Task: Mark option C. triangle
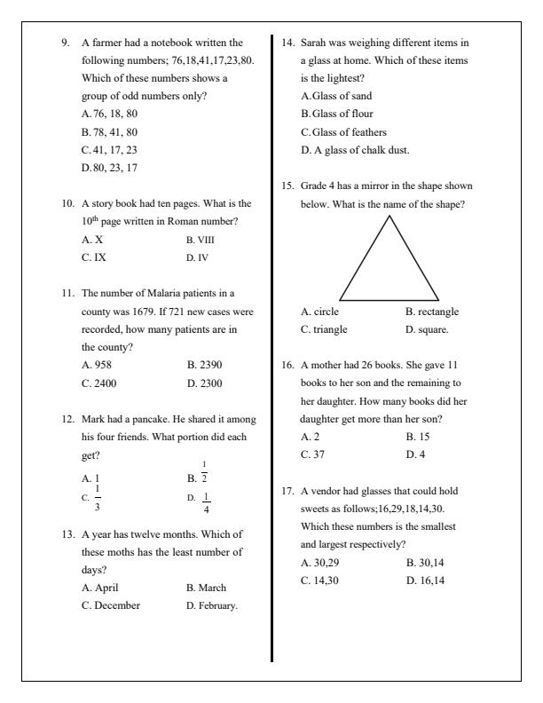pyautogui.click(x=324, y=329)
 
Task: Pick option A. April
pyautogui.click(x=99, y=588)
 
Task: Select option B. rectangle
pyautogui.click(x=432, y=312)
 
